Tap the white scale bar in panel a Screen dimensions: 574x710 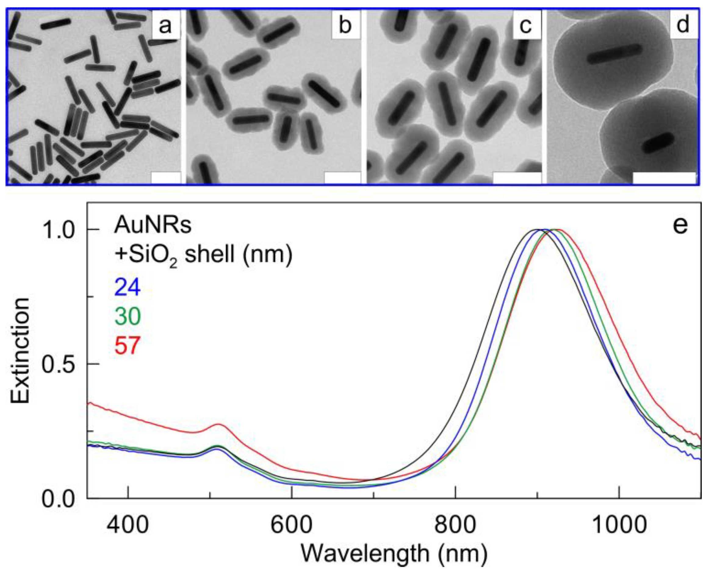point(166,178)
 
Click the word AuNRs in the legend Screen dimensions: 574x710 point(153,226)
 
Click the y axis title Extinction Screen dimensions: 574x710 point(20,350)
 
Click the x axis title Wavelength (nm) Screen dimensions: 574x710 point(394,554)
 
